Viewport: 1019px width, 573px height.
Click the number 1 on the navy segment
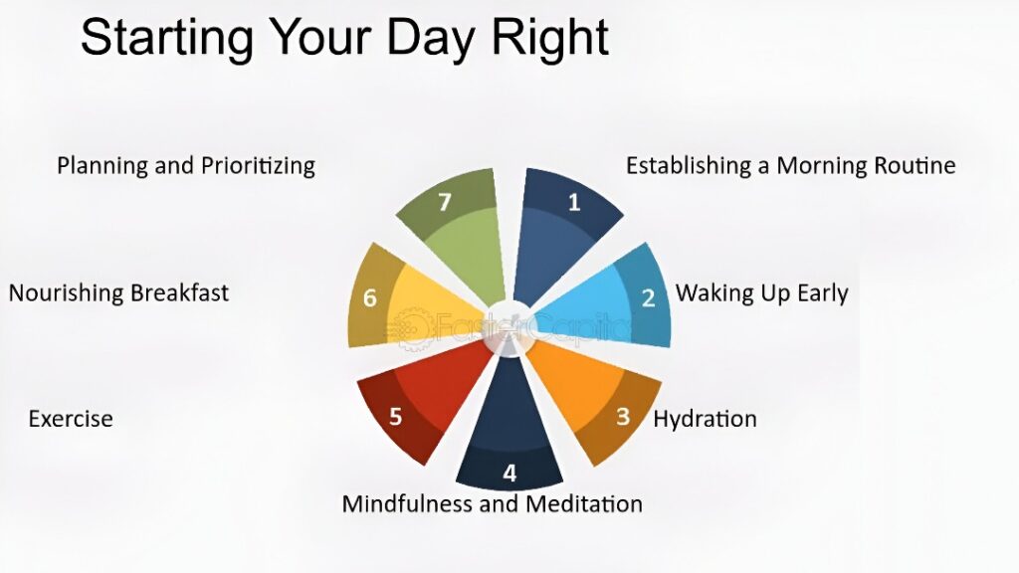pos(574,203)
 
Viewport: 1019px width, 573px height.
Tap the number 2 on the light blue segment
pos(649,298)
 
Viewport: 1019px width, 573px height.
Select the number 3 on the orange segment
pos(623,416)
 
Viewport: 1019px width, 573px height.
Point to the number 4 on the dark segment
pos(509,473)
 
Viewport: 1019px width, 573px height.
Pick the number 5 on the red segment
pos(395,416)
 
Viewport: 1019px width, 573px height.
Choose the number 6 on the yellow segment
pos(370,298)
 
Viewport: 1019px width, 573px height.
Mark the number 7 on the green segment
pos(445,203)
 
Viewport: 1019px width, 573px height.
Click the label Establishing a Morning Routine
pos(791,166)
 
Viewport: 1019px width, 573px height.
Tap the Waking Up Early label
pos(761,293)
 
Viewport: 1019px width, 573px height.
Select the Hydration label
pos(706,419)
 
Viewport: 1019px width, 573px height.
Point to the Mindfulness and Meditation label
pos(492,503)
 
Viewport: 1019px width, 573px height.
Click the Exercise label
pos(71,419)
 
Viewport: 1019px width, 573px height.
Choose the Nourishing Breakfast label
pos(118,293)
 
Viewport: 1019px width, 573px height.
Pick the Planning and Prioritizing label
pos(186,166)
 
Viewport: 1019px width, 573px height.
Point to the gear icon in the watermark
pos(410,328)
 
